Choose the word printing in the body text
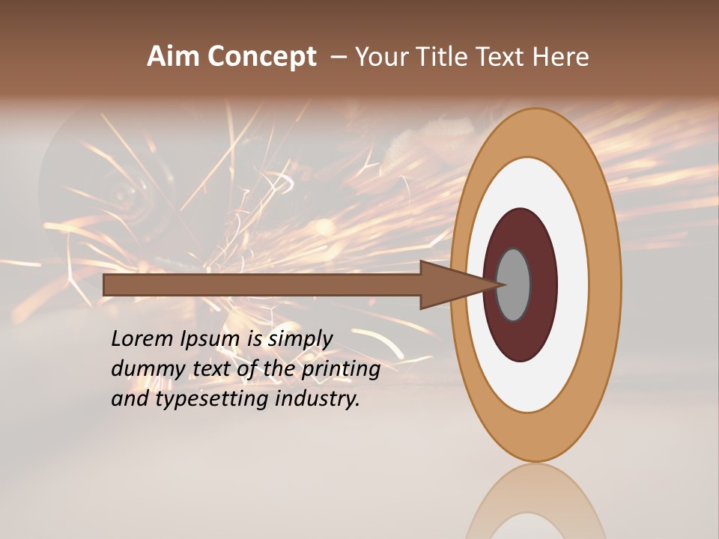[340, 369]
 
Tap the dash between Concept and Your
[339, 57]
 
